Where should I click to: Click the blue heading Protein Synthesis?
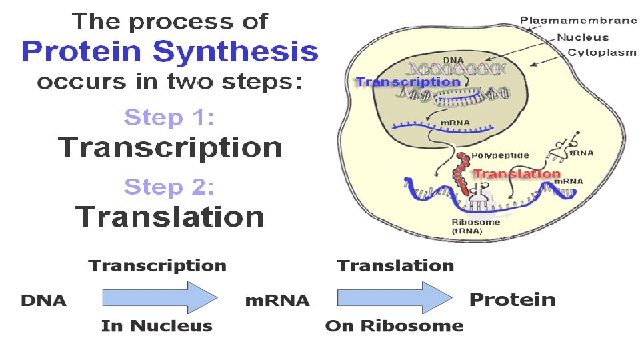pos(170,51)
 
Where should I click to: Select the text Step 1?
pos(170,118)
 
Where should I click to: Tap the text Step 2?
pos(170,187)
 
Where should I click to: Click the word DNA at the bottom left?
pos(44,301)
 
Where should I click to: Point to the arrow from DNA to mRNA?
pos(160,297)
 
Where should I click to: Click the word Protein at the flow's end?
pos(512,299)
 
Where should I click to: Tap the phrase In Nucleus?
pos(157,326)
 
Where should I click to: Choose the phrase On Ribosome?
pos(394,326)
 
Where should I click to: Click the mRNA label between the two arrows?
pos(277,301)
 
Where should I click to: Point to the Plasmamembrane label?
pos(578,21)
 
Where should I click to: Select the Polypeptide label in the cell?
pos(500,155)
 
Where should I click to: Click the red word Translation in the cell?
pos(516,174)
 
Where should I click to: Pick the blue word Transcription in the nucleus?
pos(408,82)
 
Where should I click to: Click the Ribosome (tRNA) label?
pos(475,226)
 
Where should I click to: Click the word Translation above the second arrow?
pos(395,266)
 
